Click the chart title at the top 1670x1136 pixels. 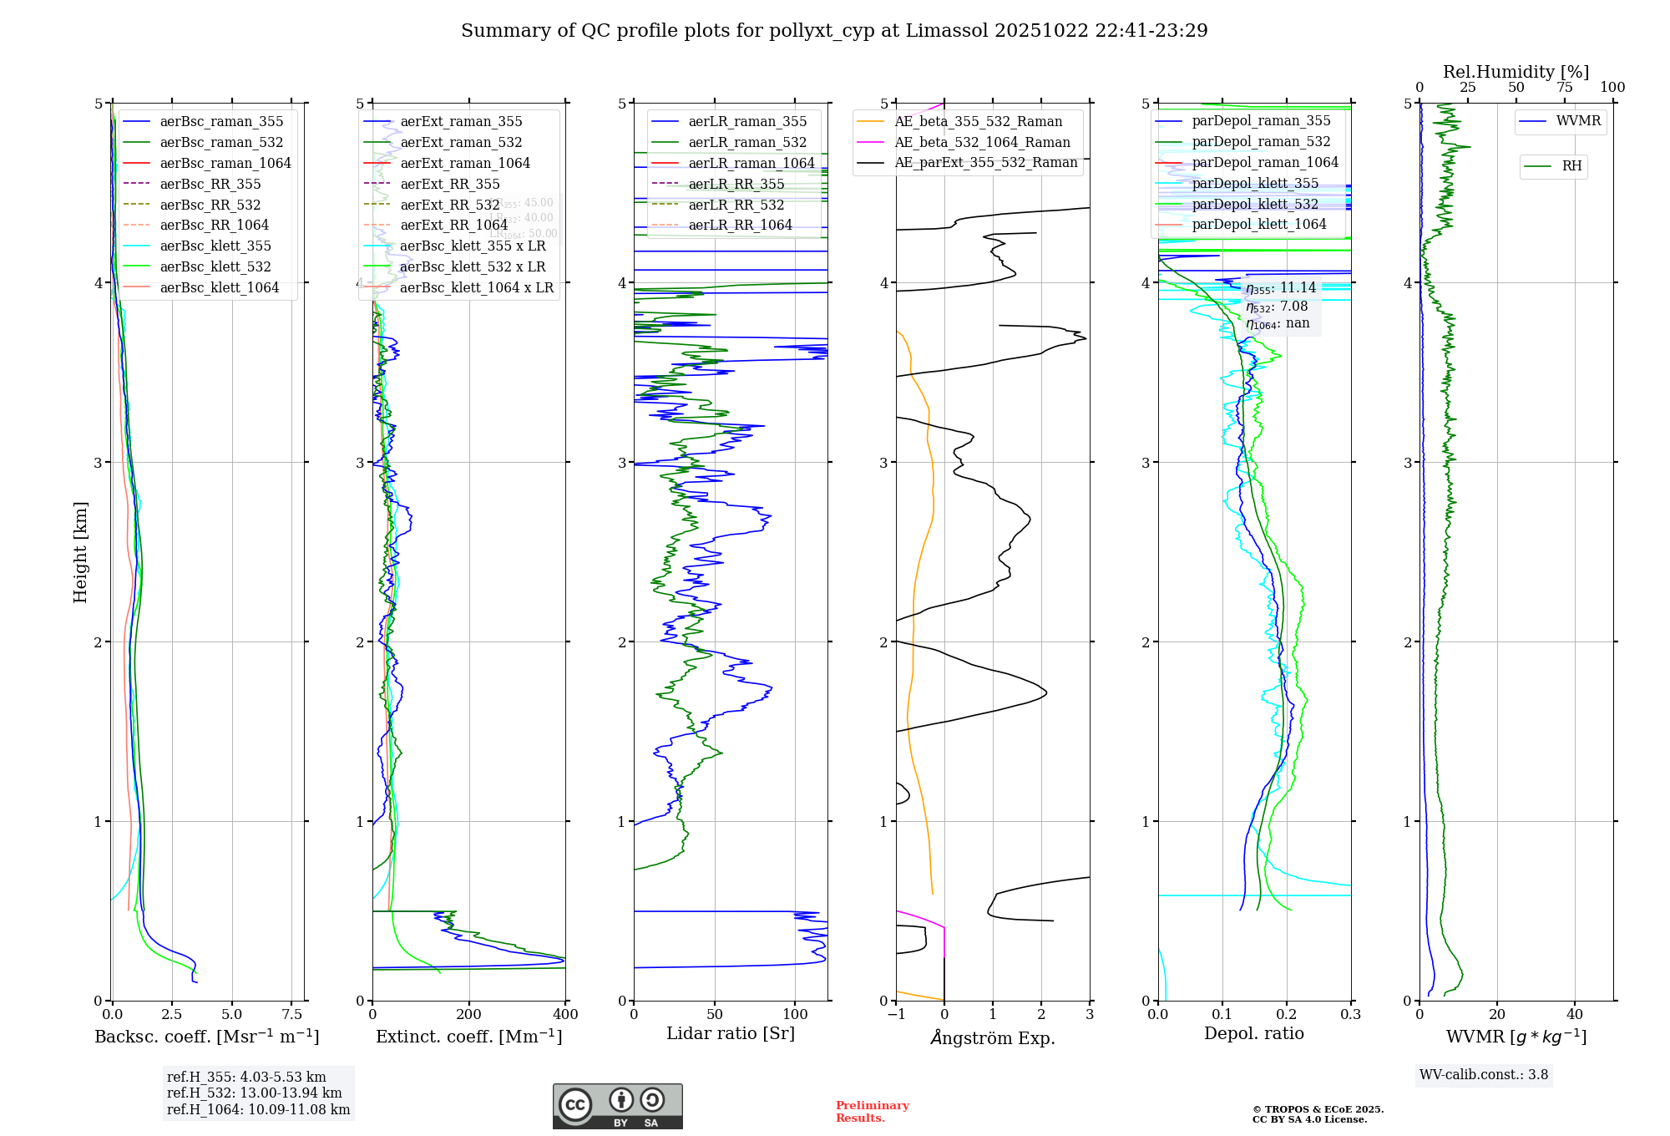pyautogui.click(x=834, y=31)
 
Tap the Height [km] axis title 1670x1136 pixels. pyautogui.click(x=80, y=552)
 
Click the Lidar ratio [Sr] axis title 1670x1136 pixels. pyautogui.click(x=731, y=1033)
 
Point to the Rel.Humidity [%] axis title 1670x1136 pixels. pyautogui.click(x=1516, y=72)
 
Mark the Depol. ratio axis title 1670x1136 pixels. pyautogui.click(x=1253, y=1033)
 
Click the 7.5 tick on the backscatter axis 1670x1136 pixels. pyautogui.click(x=292, y=1014)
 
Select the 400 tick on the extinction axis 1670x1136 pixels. pyautogui.click(x=565, y=1014)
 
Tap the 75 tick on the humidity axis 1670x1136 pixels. pyautogui.click(x=1564, y=88)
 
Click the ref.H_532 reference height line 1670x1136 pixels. pyautogui.click(x=254, y=1093)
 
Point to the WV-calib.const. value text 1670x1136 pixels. pyautogui.click(x=1484, y=1075)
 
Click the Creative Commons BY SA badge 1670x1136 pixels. pyautogui.click(x=617, y=1106)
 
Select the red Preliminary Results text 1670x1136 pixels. pyautogui.click(x=872, y=1112)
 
